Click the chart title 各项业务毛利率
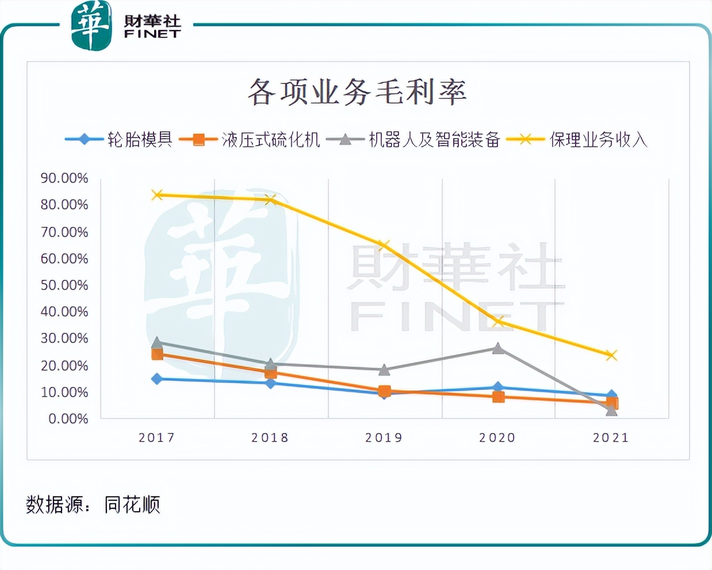coord(357,92)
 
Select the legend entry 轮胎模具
coord(140,139)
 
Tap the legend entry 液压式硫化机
coord(270,139)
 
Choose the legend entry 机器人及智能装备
coord(434,139)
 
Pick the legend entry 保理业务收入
coord(598,139)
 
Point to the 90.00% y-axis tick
coord(64,178)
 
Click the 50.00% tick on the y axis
coord(64,286)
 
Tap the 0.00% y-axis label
coord(68,419)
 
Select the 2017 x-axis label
coord(156,438)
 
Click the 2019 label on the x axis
coord(384,438)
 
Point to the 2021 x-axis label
coord(611,438)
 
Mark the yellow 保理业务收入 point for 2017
coord(157,195)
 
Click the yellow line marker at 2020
coord(498,321)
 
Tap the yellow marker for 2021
coord(611,355)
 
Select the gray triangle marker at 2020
coord(498,348)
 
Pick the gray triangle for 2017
coord(157,343)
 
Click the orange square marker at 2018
coord(271,373)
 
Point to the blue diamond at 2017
coord(157,379)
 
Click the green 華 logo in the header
coord(91,26)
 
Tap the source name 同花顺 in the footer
coord(132,504)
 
